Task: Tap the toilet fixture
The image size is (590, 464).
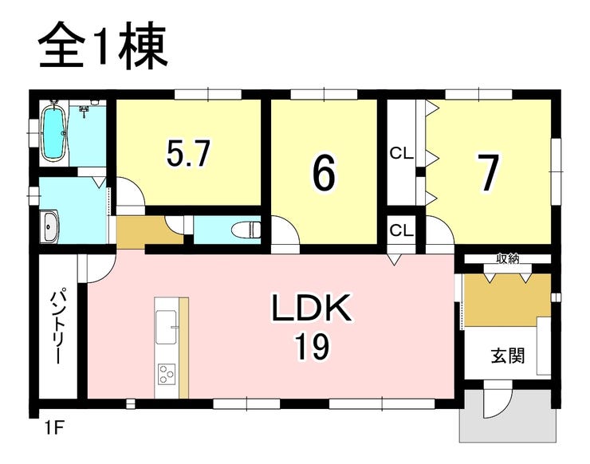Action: pyautogui.click(x=246, y=230)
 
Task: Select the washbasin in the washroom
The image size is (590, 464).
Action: pyautogui.click(x=49, y=226)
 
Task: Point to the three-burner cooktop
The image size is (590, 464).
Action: pyautogui.click(x=166, y=374)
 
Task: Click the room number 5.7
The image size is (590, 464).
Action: pyautogui.click(x=188, y=153)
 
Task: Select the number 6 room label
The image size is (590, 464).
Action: pyautogui.click(x=323, y=172)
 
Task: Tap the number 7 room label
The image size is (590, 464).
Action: pyautogui.click(x=488, y=172)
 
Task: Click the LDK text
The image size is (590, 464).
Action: pyautogui.click(x=312, y=308)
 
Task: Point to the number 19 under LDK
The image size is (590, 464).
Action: pyautogui.click(x=312, y=347)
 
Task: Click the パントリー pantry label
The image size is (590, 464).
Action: pyautogui.click(x=58, y=326)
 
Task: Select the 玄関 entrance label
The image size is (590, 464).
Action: pyautogui.click(x=508, y=355)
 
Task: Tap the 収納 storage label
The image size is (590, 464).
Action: pyautogui.click(x=508, y=258)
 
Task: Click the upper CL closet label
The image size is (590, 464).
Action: pyautogui.click(x=402, y=153)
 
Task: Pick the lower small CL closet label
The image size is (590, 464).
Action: pyautogui.click(x=402, y=230)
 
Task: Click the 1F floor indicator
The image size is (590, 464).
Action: pyautogui.click(x=53, y=428)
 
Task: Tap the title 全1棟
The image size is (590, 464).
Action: pyautogui.click(x=102, y=46)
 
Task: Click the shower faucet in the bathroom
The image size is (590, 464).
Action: pyautogui.click(x=84, y=111)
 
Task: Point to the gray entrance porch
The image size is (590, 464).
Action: pyautogui.click(x=508, y=416)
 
